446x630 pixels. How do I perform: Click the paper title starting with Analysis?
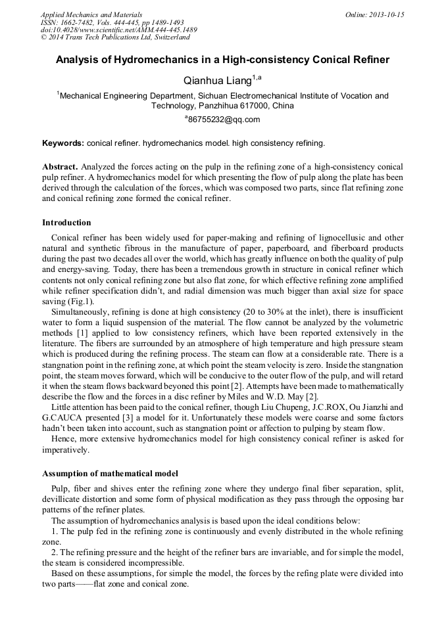pyautogui.click(x=222, y=60)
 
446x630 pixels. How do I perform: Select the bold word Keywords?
pyautogui.click(x=62, y=143)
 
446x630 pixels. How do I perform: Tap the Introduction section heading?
pyautogui.click(x=66, y=222)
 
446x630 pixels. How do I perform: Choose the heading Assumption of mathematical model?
pyautogui.click(x=110, y=473)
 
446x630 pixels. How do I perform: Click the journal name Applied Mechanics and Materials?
pyautogui.click(x=91, y=14)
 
